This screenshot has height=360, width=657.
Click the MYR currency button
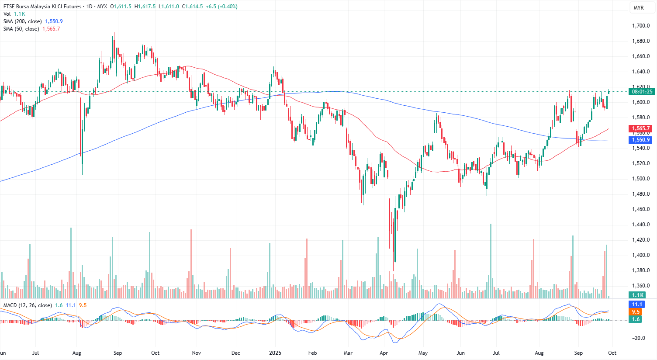click(638, 8)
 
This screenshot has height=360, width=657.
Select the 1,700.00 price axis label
click(641, 26)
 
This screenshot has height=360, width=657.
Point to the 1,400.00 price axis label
click(641, 255)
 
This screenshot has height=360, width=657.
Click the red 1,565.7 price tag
click(640, 128)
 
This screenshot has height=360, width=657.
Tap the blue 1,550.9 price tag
click(640, 140)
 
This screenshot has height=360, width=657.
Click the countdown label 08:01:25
click(642, 92)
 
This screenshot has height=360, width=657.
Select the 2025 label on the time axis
click(275, 353)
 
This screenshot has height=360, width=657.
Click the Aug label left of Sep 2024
click(77, 353)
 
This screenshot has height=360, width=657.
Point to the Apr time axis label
click(384, 353)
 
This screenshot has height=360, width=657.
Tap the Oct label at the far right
click(612, 353)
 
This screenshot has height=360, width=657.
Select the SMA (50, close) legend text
click(21, 29)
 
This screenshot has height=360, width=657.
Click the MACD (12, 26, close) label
click(28, 305)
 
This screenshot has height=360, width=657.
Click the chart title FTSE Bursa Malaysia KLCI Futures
click(42, 7)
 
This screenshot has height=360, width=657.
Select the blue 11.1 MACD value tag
click(637, 305)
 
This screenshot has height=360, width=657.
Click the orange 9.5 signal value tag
click(636, 312)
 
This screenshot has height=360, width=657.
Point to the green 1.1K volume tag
click(638, 295)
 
